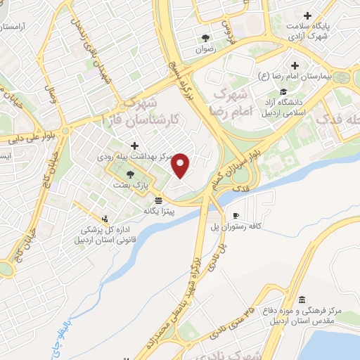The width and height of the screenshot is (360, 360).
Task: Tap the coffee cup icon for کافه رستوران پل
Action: (236, 215)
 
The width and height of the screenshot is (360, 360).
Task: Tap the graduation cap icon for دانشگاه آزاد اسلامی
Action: (283, 91)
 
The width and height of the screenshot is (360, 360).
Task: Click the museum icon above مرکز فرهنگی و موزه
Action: (302, 300)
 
